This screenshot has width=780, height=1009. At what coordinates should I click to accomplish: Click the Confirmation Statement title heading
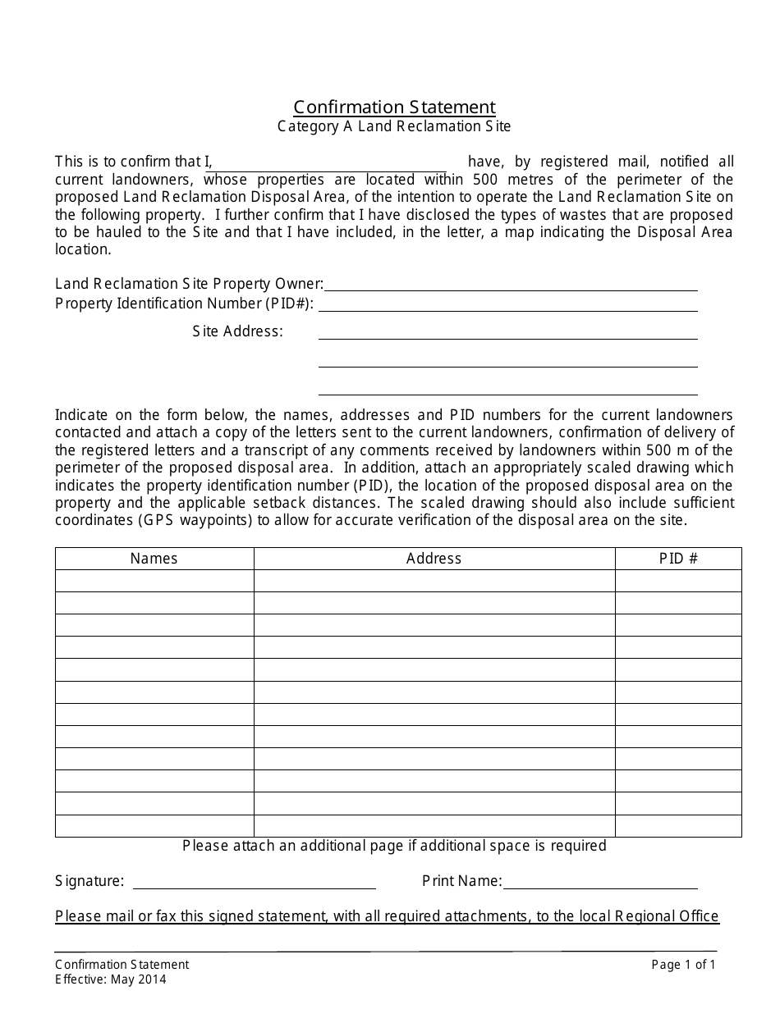394,107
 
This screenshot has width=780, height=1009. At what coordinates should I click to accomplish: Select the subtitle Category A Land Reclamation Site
394,126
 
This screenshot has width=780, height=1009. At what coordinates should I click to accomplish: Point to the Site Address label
237,331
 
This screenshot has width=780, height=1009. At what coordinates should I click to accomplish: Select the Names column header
154,559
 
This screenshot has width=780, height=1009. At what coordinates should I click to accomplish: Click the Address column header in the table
434,559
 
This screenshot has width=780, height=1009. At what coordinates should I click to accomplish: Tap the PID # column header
678,559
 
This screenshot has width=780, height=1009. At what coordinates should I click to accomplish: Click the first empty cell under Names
154,581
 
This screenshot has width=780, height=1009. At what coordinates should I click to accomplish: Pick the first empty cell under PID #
678,581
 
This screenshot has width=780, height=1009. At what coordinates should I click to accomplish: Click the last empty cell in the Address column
434,825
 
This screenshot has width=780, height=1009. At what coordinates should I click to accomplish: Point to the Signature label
89,882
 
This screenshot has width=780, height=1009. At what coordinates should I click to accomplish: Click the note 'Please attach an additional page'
394,846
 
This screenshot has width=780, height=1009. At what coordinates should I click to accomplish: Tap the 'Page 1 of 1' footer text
683,965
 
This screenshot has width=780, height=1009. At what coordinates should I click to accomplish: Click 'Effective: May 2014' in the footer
110,979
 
